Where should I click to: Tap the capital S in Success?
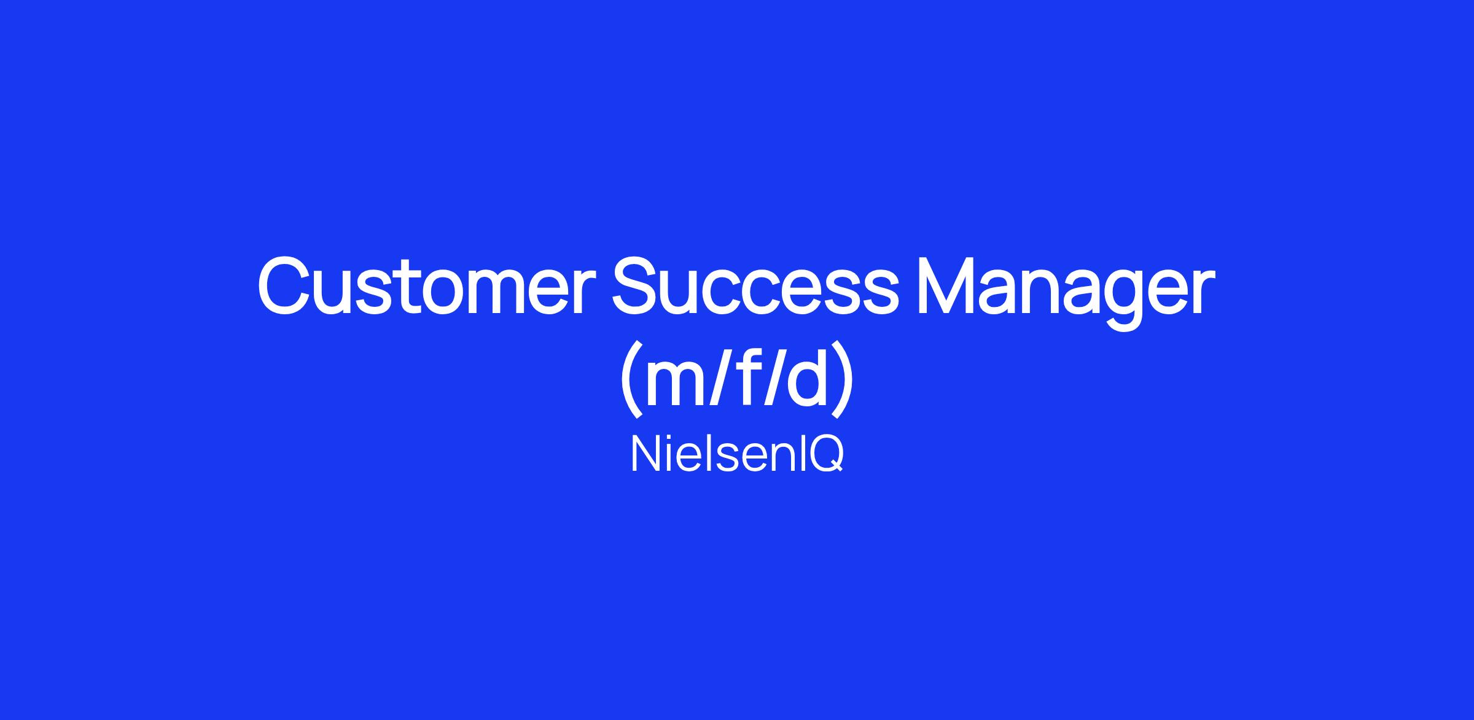click(x=638, y=287)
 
